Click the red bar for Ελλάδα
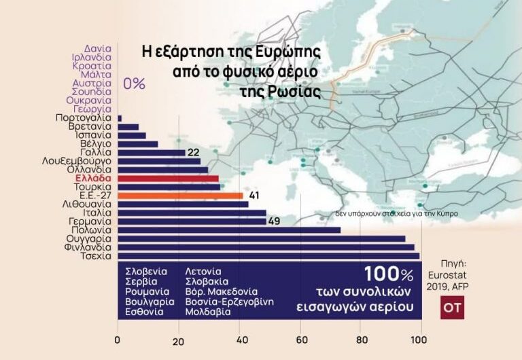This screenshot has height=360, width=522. coord(168,179)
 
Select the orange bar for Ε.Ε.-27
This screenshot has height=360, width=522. coord(180,196)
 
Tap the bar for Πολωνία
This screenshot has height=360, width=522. coord(229,230)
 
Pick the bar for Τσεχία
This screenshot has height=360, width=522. coord(268,256)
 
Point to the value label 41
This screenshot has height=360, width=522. coord(254,196)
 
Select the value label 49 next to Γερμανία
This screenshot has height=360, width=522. coord(275,221)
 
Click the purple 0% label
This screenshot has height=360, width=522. coord(134,84)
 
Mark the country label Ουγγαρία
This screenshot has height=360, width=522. coord(85,239)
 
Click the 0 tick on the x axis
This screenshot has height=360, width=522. coord(118,341)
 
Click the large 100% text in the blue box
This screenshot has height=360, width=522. coord(388,274)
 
